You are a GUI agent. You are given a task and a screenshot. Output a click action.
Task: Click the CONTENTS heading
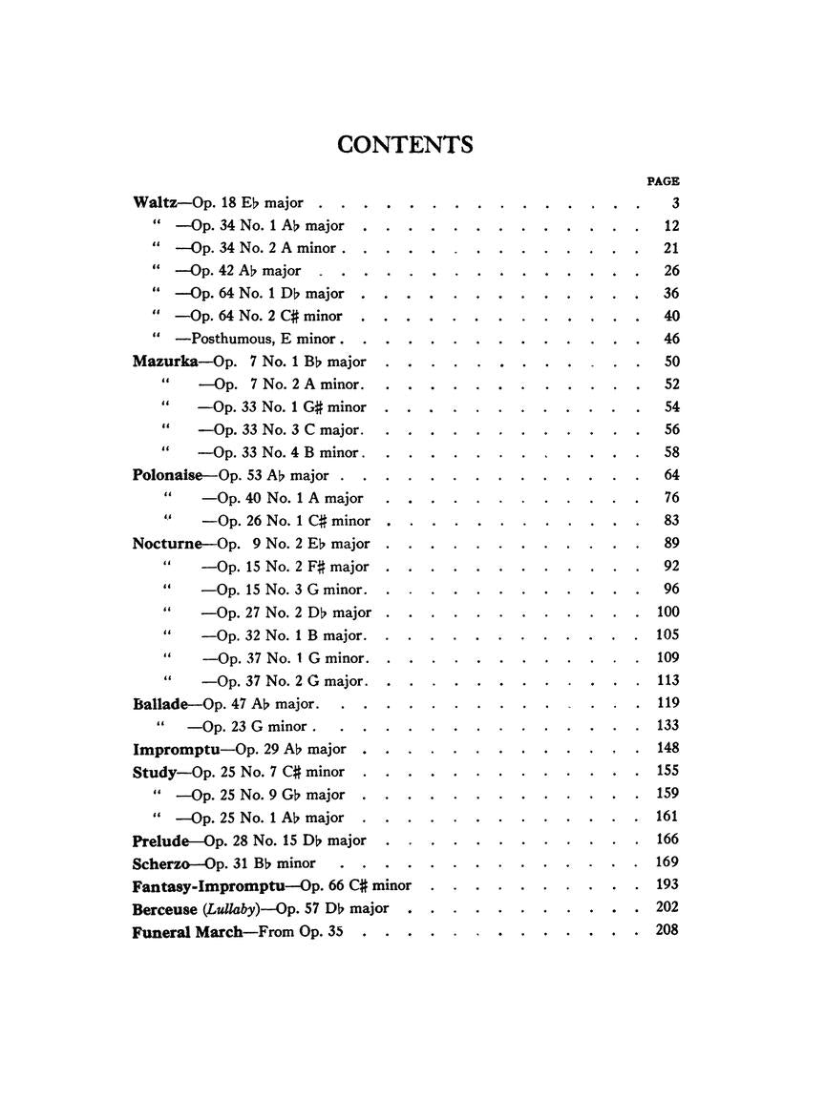[x=405, y=144]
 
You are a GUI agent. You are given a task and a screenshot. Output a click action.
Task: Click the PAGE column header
[x=663, y=180]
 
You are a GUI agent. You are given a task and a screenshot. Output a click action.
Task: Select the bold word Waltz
[x=154, y=203]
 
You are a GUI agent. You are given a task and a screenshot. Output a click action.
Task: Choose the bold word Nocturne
[x=167, y=544]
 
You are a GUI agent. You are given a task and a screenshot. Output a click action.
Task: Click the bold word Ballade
[x=159, y=704]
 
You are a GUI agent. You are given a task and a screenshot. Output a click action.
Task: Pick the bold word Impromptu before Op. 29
[x=173, y=749]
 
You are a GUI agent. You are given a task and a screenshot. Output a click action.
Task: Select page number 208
[x=666, y=930]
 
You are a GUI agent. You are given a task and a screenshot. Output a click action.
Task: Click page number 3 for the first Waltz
[x=675, y=203]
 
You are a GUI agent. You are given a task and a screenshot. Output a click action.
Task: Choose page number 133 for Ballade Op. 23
[x=666, y=725]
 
